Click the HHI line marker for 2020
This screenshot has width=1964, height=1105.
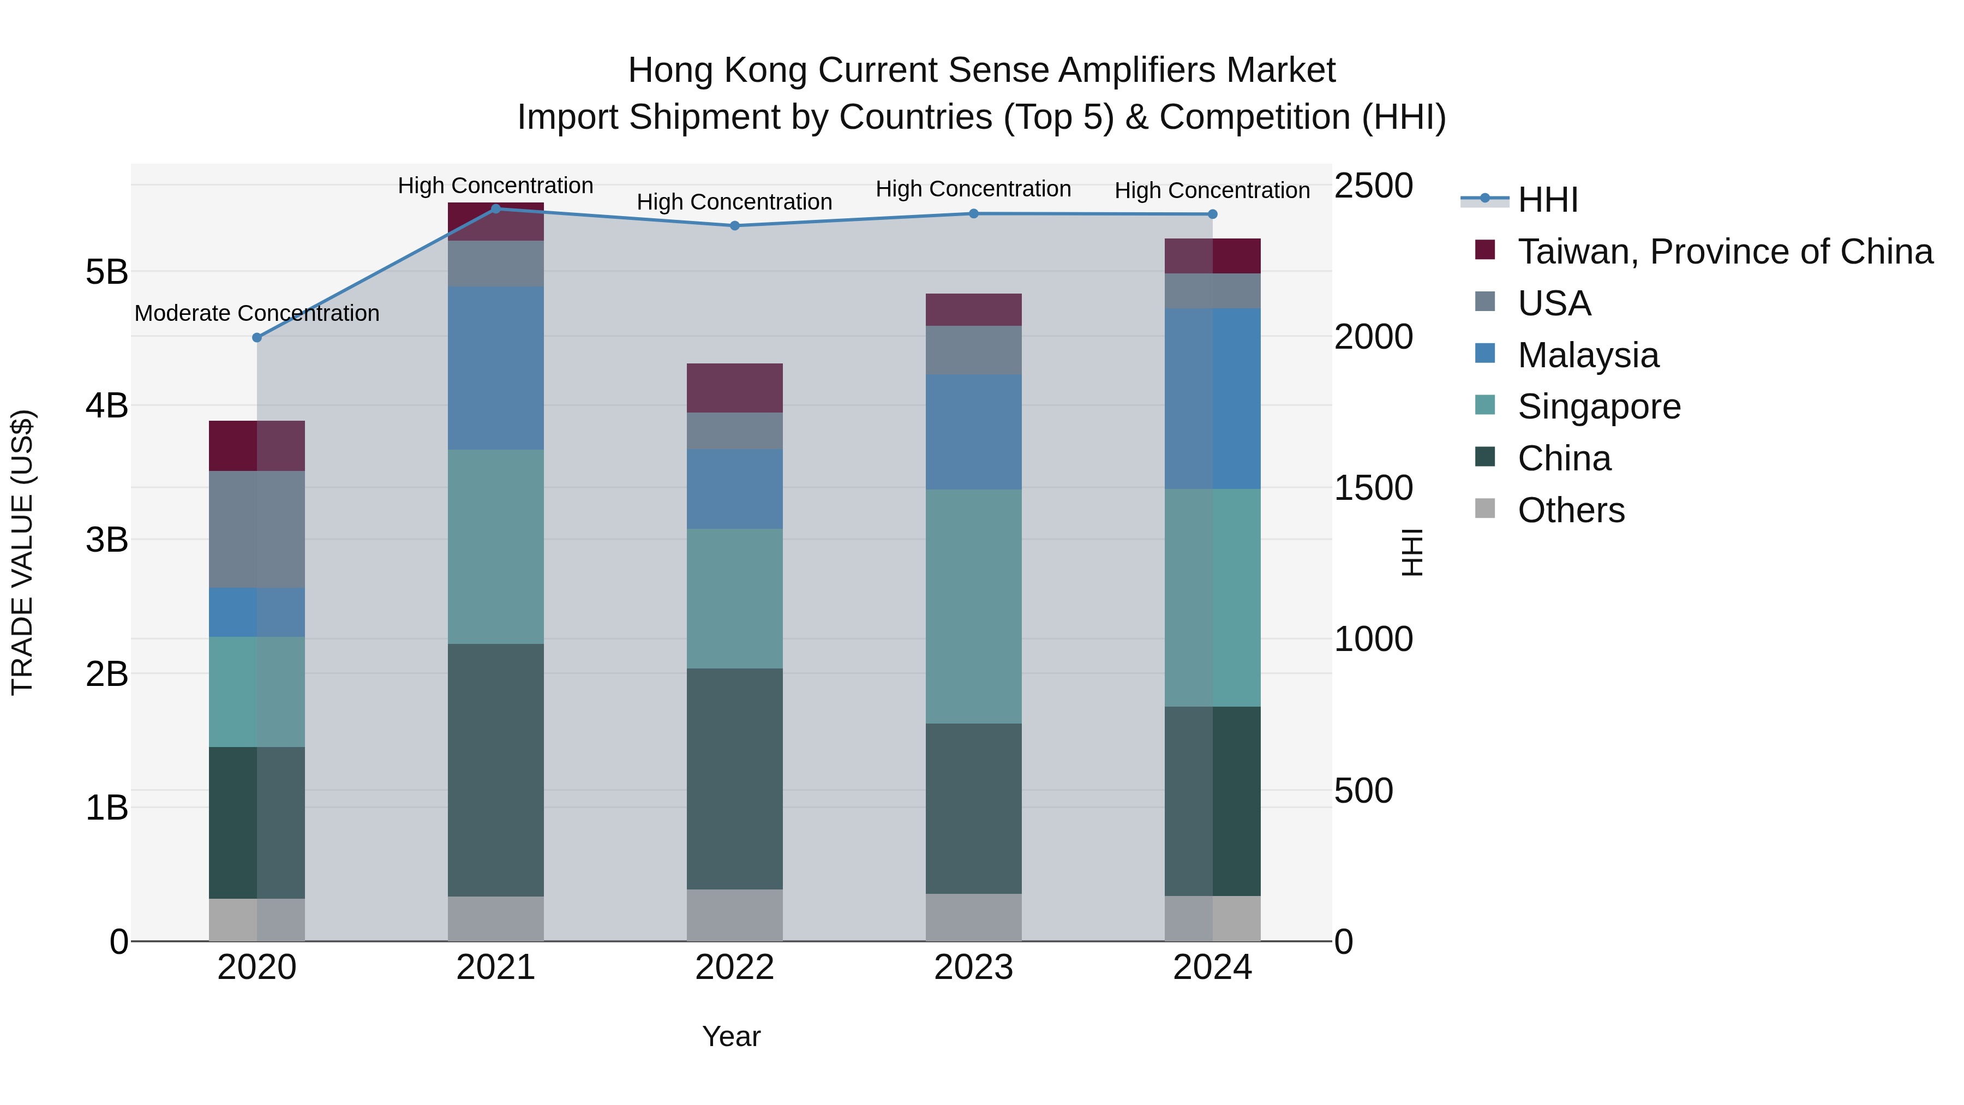click(x=257, y=337)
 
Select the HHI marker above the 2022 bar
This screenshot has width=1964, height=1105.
click(x=734, y=226)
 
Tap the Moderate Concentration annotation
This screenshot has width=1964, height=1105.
click(x=257, y=313)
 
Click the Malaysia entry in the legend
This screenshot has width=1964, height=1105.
click(x=1588, y=355)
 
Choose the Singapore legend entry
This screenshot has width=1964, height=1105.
click(x=1599, y=407)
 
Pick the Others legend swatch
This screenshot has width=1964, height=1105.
click(x=1484, y=509)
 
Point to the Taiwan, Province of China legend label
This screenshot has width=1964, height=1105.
click(x=1725, y=252)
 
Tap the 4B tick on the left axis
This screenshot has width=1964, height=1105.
click(x=107, y=405)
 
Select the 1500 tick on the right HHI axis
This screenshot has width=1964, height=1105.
click(x=1373, y=488)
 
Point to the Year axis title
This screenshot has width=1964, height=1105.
click(x=731, y=1036)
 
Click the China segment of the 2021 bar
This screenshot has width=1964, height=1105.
click(x=495, y=770)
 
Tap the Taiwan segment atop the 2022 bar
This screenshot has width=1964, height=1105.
click(x=734, y=388)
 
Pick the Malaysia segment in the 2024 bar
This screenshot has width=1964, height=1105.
click(x=1212, y=399)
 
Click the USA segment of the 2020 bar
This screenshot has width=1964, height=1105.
click(x=257, y=529)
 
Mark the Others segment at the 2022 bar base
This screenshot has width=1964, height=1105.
click(x=734, y=915)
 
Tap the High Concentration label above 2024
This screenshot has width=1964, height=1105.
click(x=1212, y=190)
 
